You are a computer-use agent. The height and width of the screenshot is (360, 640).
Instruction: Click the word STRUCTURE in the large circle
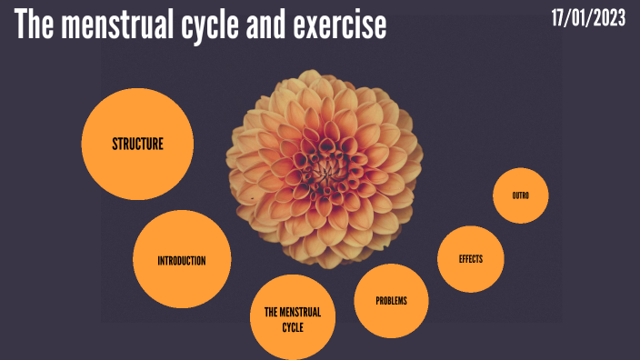point(137,144)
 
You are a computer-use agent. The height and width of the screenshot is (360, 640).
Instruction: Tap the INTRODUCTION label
point(182,261)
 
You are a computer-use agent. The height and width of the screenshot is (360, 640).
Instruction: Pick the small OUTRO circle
point(521,195)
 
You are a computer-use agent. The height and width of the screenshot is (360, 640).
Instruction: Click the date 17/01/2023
point(588,18)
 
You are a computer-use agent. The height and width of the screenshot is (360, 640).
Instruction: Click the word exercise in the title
point(340,25)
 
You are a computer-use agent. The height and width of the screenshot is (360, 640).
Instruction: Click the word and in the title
point(269,25)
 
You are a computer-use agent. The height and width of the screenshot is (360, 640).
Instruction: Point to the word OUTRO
point(521,195)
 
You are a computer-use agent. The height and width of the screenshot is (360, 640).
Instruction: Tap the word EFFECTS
point(471,259)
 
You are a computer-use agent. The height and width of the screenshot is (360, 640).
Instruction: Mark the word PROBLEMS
point(391,301)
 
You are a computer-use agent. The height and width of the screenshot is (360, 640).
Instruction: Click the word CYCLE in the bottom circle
point(293,327)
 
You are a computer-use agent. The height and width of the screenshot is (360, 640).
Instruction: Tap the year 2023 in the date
point(607,18)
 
